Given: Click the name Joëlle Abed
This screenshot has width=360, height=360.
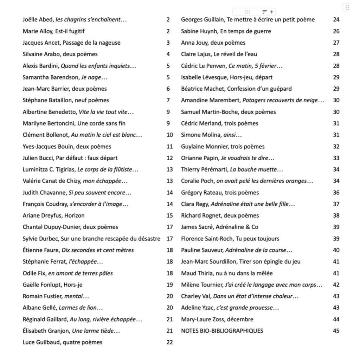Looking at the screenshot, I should coord(37,20).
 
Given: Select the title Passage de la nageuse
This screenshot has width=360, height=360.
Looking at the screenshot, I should coord(92,43).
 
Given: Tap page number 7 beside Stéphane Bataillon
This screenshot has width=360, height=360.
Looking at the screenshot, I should coord(168,101).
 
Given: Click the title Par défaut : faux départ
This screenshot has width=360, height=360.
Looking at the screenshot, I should coord(92,158).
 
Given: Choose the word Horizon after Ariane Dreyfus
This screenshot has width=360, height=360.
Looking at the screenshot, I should coord(75,216).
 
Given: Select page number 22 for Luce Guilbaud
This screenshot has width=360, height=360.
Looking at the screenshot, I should coord(169,342).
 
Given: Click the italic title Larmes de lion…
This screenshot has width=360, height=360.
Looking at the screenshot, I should coord(81,308).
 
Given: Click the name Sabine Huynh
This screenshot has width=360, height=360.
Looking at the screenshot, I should coord(199,31).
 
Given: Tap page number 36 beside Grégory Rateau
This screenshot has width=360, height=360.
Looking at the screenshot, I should coord(336,193).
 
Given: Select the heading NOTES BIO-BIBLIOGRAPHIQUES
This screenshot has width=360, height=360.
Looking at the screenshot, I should coord(222,331).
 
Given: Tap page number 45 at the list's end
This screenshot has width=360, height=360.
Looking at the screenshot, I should coord(336,331).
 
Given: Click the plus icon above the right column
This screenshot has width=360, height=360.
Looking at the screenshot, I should coord(272,12).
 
